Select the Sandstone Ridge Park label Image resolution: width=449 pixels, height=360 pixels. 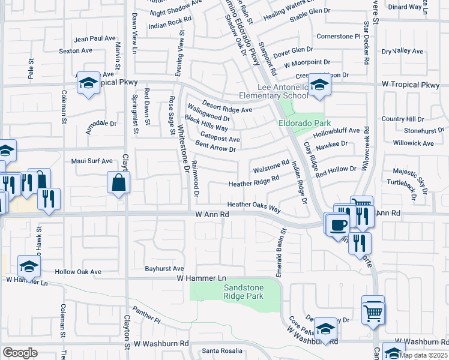pos(243,292)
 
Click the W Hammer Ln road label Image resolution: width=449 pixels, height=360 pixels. pos(201,278)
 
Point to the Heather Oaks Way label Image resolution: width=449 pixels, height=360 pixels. pos(254,205)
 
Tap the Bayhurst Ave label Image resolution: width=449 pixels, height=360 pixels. pos(164,268)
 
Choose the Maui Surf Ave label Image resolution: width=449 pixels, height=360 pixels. pos(92,161)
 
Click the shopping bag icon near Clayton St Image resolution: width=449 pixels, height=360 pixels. pos(118,182)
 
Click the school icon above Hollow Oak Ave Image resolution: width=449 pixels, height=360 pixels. pos(29,266)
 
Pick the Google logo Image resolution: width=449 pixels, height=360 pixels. pos(20,353)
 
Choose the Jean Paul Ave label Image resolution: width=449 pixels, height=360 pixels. pos(94,38)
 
